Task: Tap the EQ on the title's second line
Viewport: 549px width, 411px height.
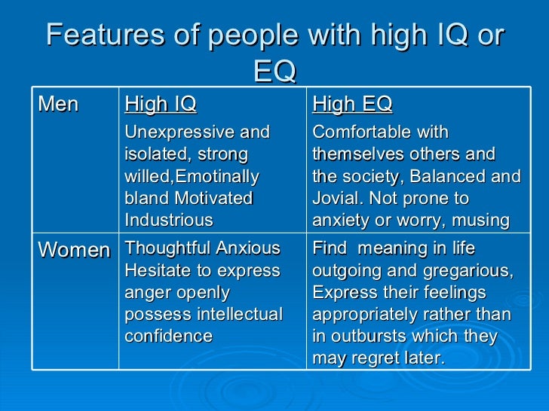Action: pyautogui.click(x=274, y=72)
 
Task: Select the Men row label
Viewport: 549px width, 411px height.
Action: pyautogui.click(x=58, y=104)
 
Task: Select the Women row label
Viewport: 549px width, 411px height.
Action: pyautogui.click(x=74, y=250)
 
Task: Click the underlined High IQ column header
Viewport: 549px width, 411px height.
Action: pyautogui.click(x=160, y=104)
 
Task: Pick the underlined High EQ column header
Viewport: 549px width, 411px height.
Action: pyautogui.click(x=352, y=104)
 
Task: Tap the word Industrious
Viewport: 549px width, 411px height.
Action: pyautogui.click(x=168, y=221)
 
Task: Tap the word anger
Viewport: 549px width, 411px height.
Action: pyautogui.click(x=146, y=292)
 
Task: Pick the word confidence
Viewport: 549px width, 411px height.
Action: pyautogui.click(x=168, y=336)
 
